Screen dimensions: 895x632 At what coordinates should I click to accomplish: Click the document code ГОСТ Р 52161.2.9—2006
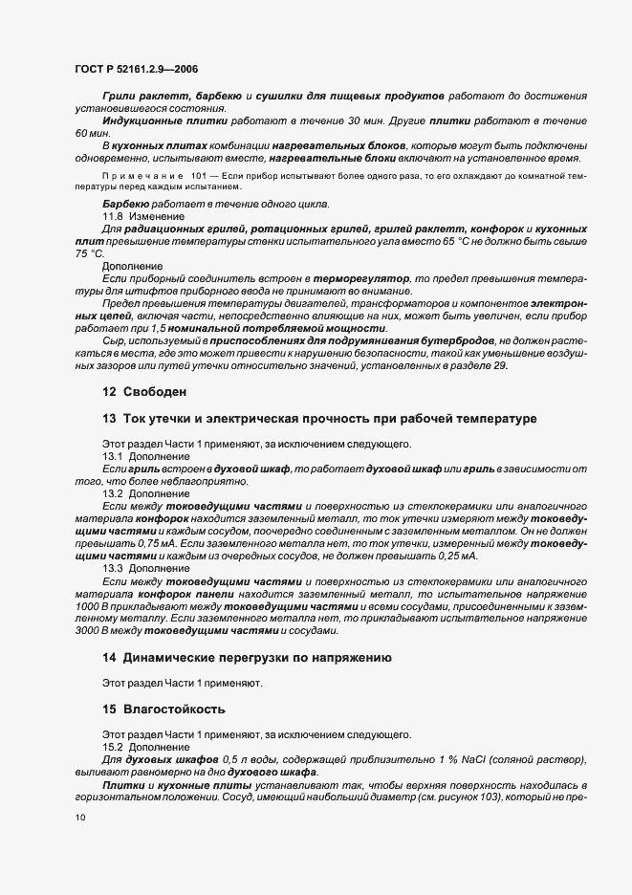[x=137, y=68]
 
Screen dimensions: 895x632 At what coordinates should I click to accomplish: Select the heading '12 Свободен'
[x=143, y=392]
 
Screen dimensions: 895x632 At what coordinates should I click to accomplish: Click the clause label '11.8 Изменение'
[x=140, y=218]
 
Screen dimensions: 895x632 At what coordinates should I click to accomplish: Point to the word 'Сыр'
[x=113, y=340]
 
